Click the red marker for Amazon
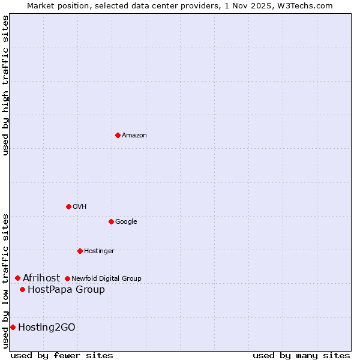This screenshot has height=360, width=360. (118, 135)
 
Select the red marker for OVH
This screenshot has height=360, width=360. (68, 206)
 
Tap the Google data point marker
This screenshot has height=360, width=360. (111, 221)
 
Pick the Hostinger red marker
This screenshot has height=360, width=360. (80, 251)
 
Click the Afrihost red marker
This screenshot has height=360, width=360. (18, 278)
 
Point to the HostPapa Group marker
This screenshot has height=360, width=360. (22, 289)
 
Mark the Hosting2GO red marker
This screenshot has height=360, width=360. (13, 327)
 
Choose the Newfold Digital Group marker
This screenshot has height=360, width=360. (67, 278)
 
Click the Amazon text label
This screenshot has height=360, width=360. (134, 136)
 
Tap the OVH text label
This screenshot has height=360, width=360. (80, 207)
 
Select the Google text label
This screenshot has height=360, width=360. (126, 222)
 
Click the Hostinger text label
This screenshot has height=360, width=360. (99, 251)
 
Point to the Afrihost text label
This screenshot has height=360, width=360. (41, 278)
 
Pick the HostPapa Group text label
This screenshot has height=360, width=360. (66, 290)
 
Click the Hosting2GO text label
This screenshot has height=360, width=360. (47, 328)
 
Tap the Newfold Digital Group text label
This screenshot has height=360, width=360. (106, 278)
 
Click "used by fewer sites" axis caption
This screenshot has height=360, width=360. (62, 355)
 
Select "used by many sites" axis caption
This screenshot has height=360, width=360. (301, 355)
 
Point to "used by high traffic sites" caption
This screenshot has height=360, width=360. (5, 85)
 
